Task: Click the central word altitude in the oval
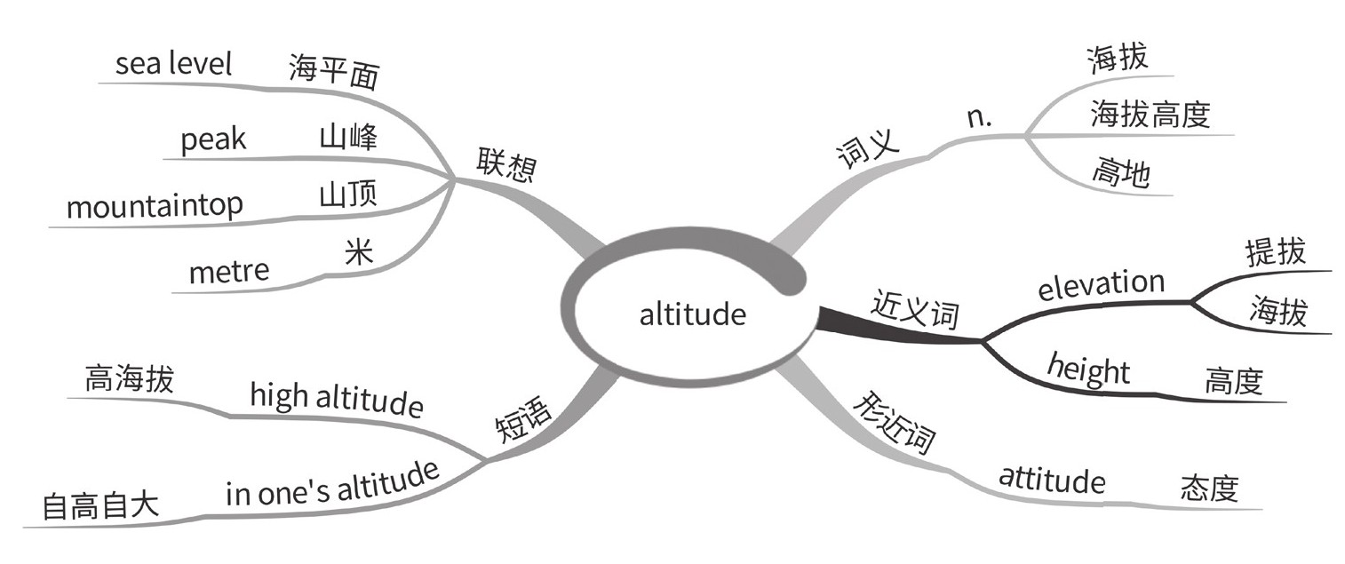pyautogui.click(x=693, y=314)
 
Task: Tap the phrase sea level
pyautogui.click(x=173, y=64)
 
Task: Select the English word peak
pyautogui.click(x=213, y=140)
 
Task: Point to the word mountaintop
pyautogui.click(x=155, y=206)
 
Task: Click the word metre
pyautogui.click(x=229, y=270)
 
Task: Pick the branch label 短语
pyautogui.click(x=523, y=419)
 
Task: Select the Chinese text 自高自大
pyautogui.click(x=100, y=506)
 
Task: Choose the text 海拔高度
pyautogui.click(x=1150, y=115)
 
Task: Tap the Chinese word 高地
pyautogui.click(x=1120, y=173)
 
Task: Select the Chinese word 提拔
pyautogui.click(x=1277, y=252)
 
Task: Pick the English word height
pyautogui.click(x=1088, y=367)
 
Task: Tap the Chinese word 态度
pyautogui.click(x=1209, y=489)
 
